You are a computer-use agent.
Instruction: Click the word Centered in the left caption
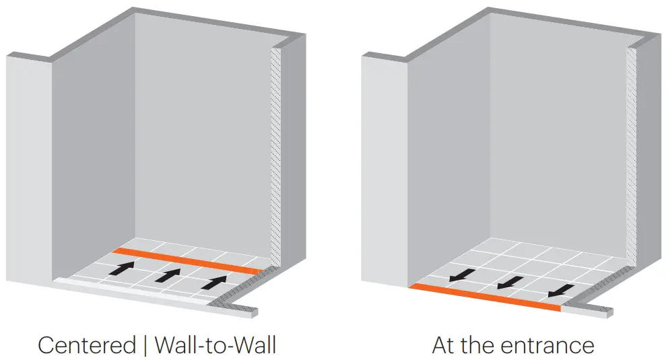point(86,345)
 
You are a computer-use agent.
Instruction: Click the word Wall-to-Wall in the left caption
point(215,345)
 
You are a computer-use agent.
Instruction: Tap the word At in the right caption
point(444,345)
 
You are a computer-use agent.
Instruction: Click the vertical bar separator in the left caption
point(144,345)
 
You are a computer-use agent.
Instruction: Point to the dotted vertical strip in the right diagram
point(631,155)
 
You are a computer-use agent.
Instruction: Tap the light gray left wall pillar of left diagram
point(29,168)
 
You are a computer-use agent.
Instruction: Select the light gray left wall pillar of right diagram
point(384,168)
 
